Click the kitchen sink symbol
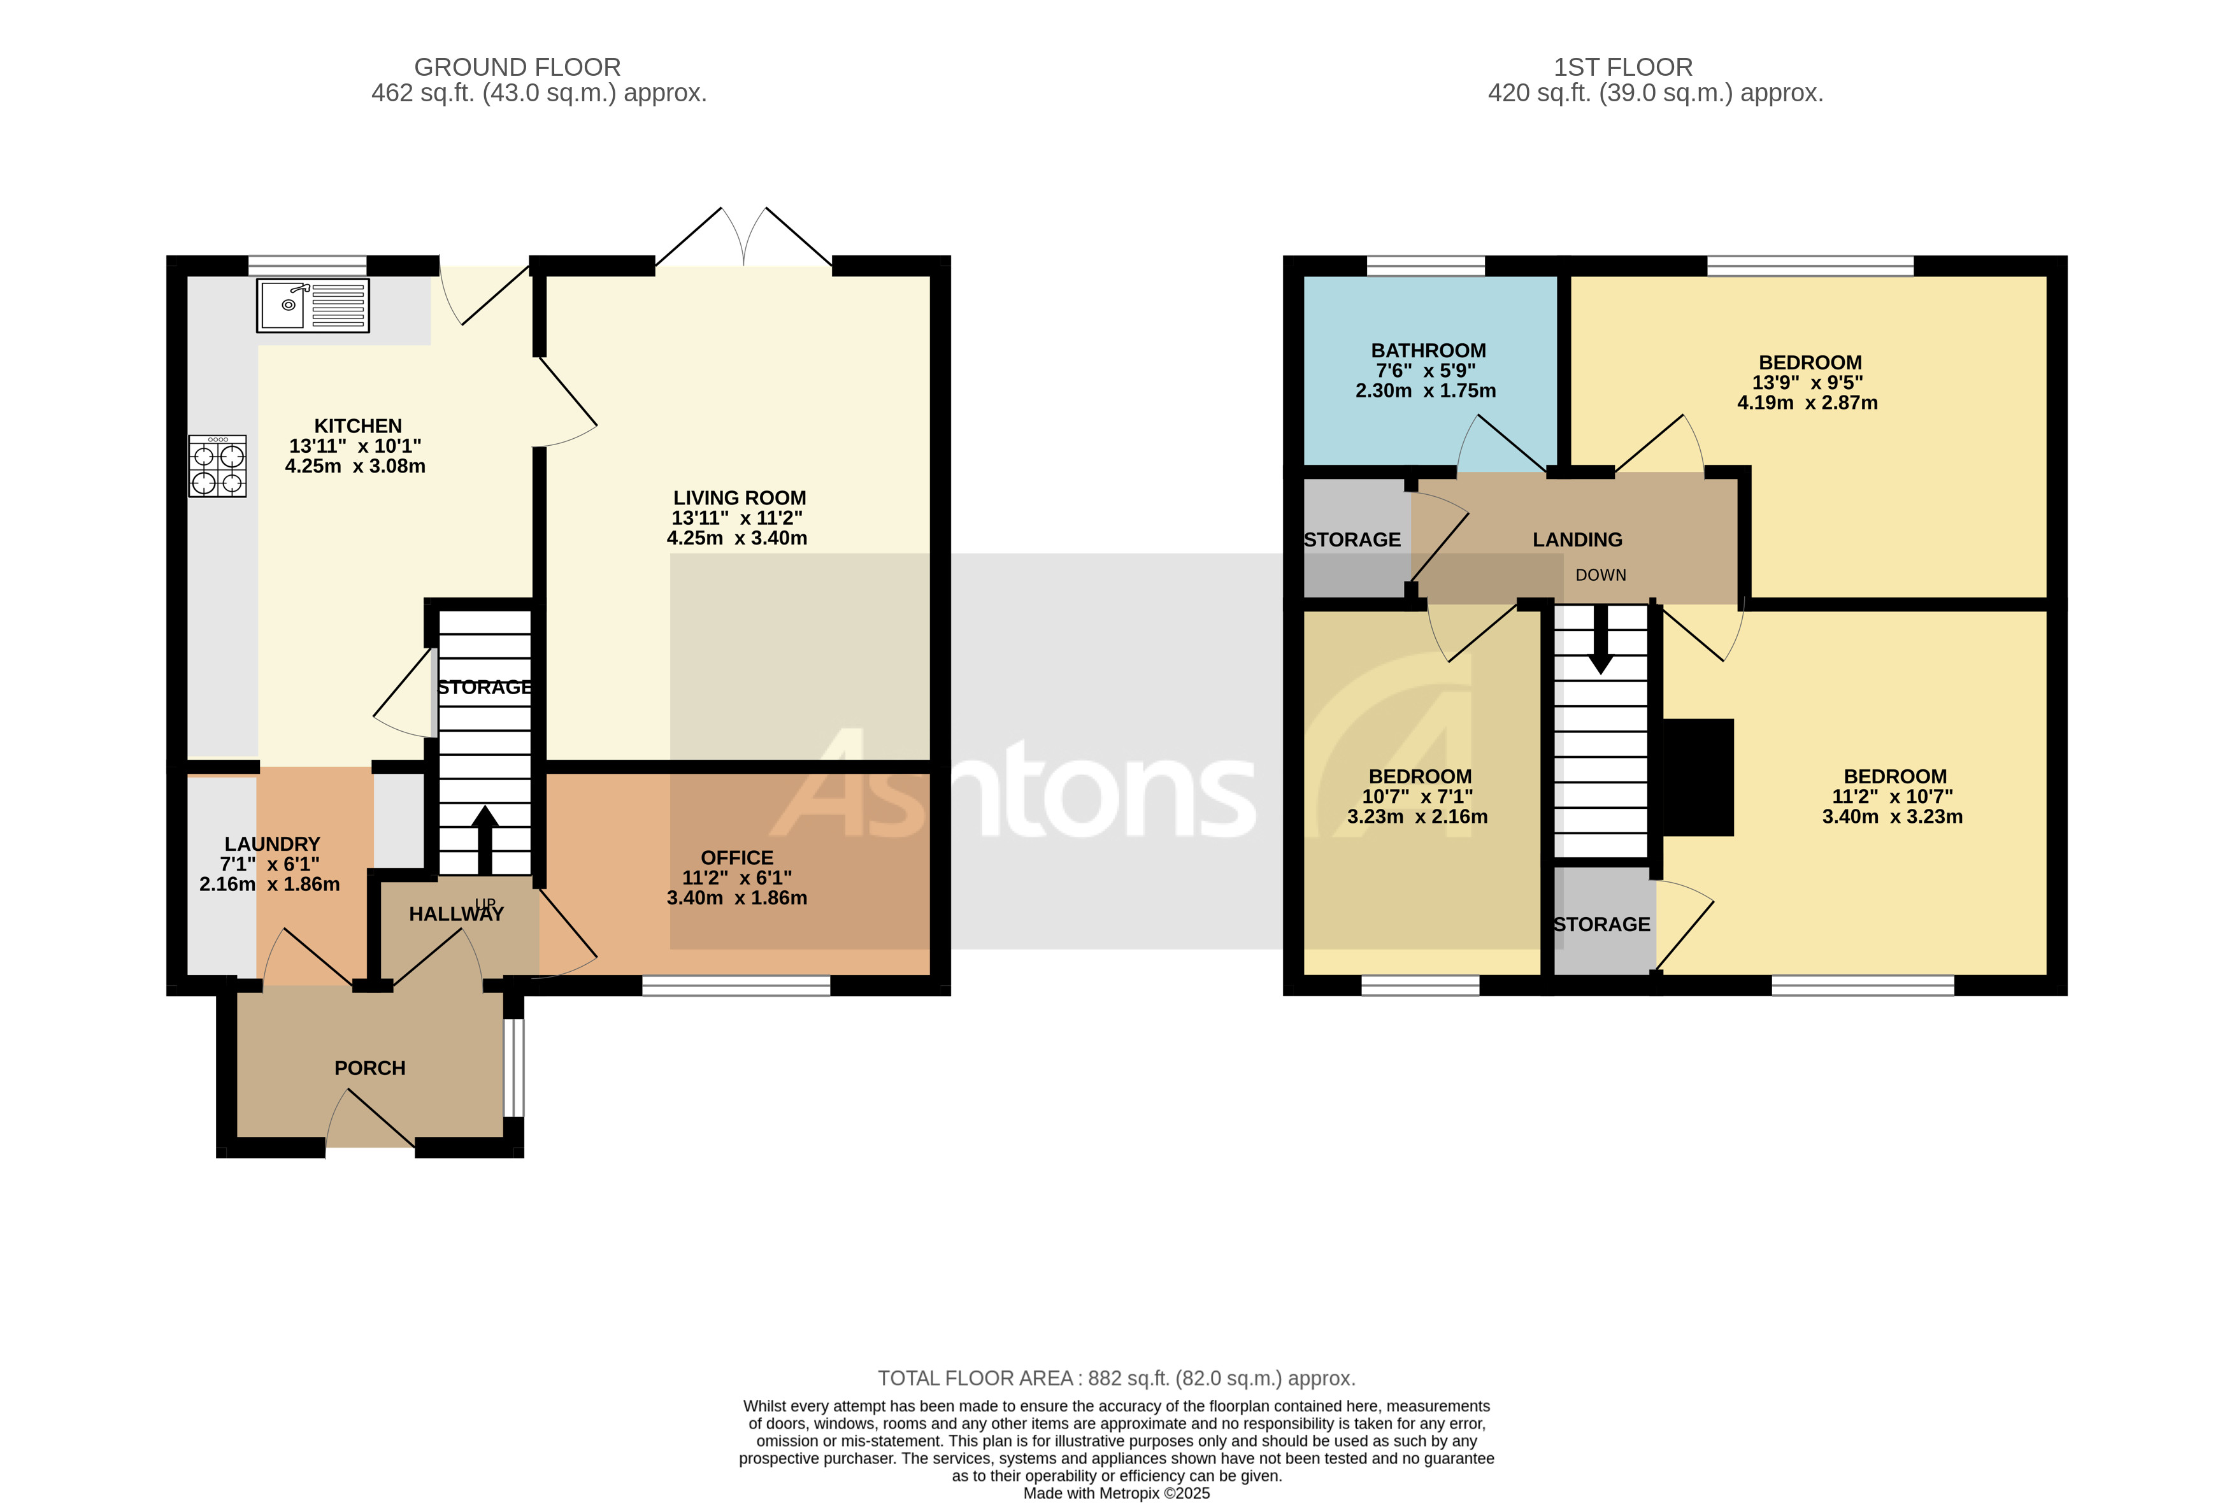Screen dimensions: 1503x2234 (313, 306)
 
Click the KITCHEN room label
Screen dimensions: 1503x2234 (357, 425)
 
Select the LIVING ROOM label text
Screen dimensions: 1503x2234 (739, 497)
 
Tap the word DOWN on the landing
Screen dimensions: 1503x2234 (1600, 575)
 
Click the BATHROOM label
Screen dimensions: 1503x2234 (1428, 351)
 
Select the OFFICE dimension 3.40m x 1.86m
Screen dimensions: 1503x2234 (736, 898)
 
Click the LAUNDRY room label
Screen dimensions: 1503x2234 (272, 843)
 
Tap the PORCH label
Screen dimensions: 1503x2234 (370, 1068)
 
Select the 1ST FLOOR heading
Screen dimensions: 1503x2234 (1622, 67)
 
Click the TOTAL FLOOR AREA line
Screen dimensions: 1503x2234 (1116, 1378)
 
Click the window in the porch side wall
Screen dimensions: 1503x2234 (514, 1067)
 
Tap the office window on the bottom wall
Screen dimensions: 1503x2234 (735, 985)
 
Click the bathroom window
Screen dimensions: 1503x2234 (1425, 266)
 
